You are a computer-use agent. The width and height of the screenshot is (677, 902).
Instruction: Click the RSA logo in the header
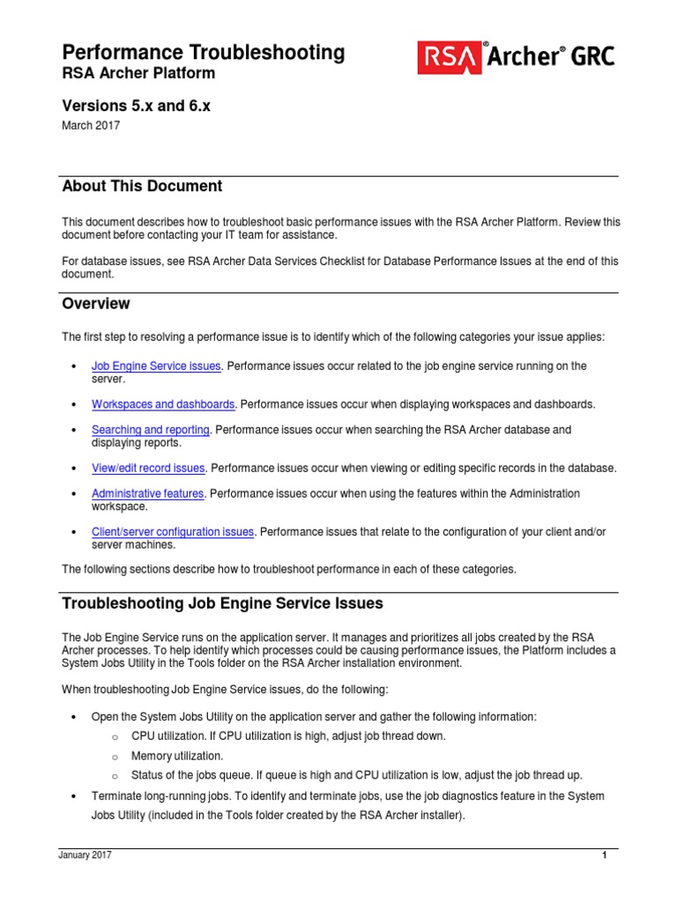449,57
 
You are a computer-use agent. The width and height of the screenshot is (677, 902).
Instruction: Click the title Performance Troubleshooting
203,52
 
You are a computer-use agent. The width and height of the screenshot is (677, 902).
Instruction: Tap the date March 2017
90,125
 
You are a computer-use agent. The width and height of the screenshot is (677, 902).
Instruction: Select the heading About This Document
142,186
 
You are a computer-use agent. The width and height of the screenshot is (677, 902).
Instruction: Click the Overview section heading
95,303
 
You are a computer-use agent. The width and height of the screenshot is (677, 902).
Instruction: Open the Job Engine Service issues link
157,366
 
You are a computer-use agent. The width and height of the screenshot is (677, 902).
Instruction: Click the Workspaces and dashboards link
163,404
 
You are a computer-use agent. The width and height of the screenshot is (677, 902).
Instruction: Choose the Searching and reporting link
151,430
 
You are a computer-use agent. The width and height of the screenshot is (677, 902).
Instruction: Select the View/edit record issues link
148,468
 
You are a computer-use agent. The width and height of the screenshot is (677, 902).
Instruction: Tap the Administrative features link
147,493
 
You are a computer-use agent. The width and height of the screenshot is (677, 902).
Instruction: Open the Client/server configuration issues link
173,532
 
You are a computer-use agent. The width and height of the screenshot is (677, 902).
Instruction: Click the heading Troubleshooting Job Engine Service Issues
222,603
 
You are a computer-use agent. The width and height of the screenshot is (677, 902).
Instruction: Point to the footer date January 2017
86,855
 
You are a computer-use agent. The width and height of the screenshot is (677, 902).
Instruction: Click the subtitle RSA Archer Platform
138,73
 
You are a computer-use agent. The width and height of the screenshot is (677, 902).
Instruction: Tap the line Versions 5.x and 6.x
136,106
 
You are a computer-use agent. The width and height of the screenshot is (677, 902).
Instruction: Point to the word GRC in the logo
591,57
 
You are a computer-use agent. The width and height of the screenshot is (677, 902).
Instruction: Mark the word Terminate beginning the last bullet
118,795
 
